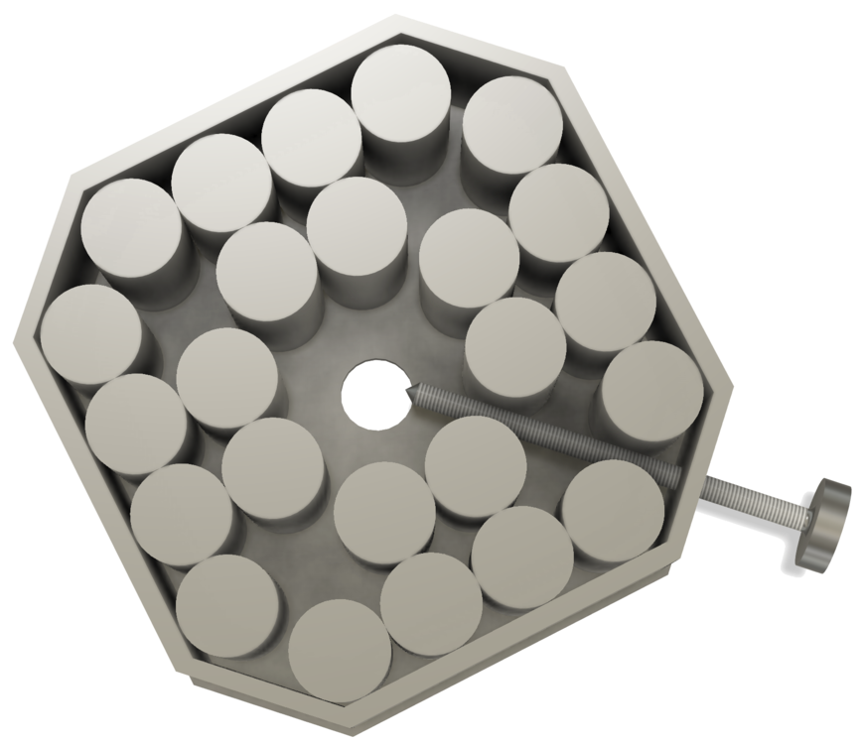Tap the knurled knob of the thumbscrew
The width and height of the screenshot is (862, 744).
823,525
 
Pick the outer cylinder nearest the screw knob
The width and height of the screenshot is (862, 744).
613,509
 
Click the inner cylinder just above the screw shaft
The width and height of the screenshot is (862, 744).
515,348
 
